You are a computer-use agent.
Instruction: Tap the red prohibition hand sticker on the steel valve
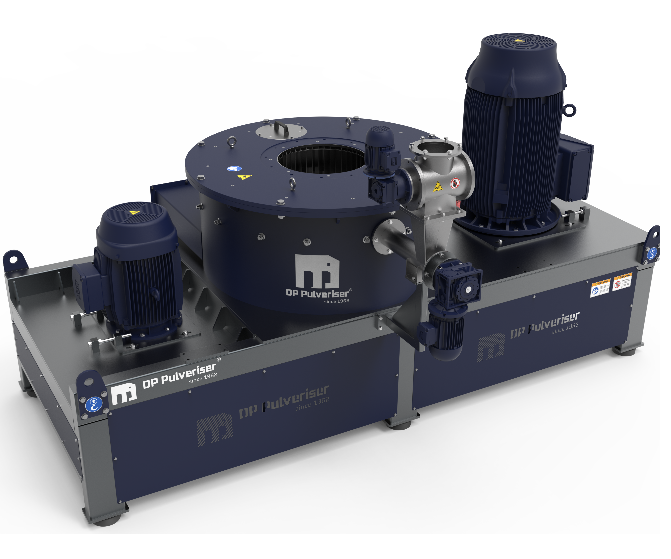pos(455,183)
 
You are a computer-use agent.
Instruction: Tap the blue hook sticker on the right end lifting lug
pos(652,253)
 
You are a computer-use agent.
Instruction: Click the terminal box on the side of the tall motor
pos(575,168)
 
